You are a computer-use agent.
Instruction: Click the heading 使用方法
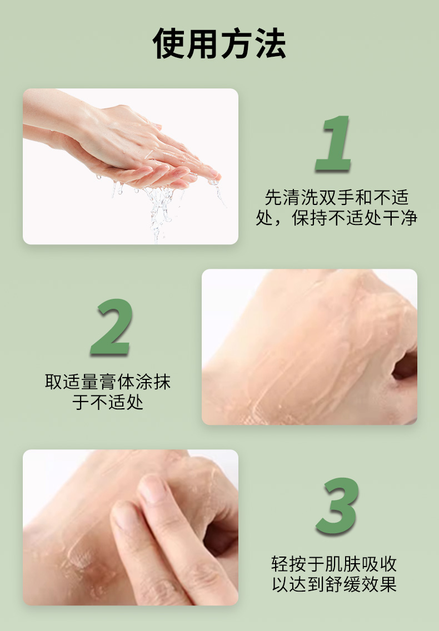point(219,43)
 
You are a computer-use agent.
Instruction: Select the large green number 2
point(112,327)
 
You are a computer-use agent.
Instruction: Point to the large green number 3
point(337,505)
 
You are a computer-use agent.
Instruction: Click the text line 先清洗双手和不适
point(337,197)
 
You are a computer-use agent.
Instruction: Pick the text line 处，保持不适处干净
point(337,217)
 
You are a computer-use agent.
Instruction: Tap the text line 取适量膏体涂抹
point(108,382)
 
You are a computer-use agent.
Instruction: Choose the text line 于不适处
point(108,402)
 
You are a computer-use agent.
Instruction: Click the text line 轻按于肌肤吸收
point(335,564)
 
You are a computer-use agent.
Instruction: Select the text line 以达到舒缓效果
point(335,584)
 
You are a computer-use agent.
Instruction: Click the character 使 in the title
point(169,43)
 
